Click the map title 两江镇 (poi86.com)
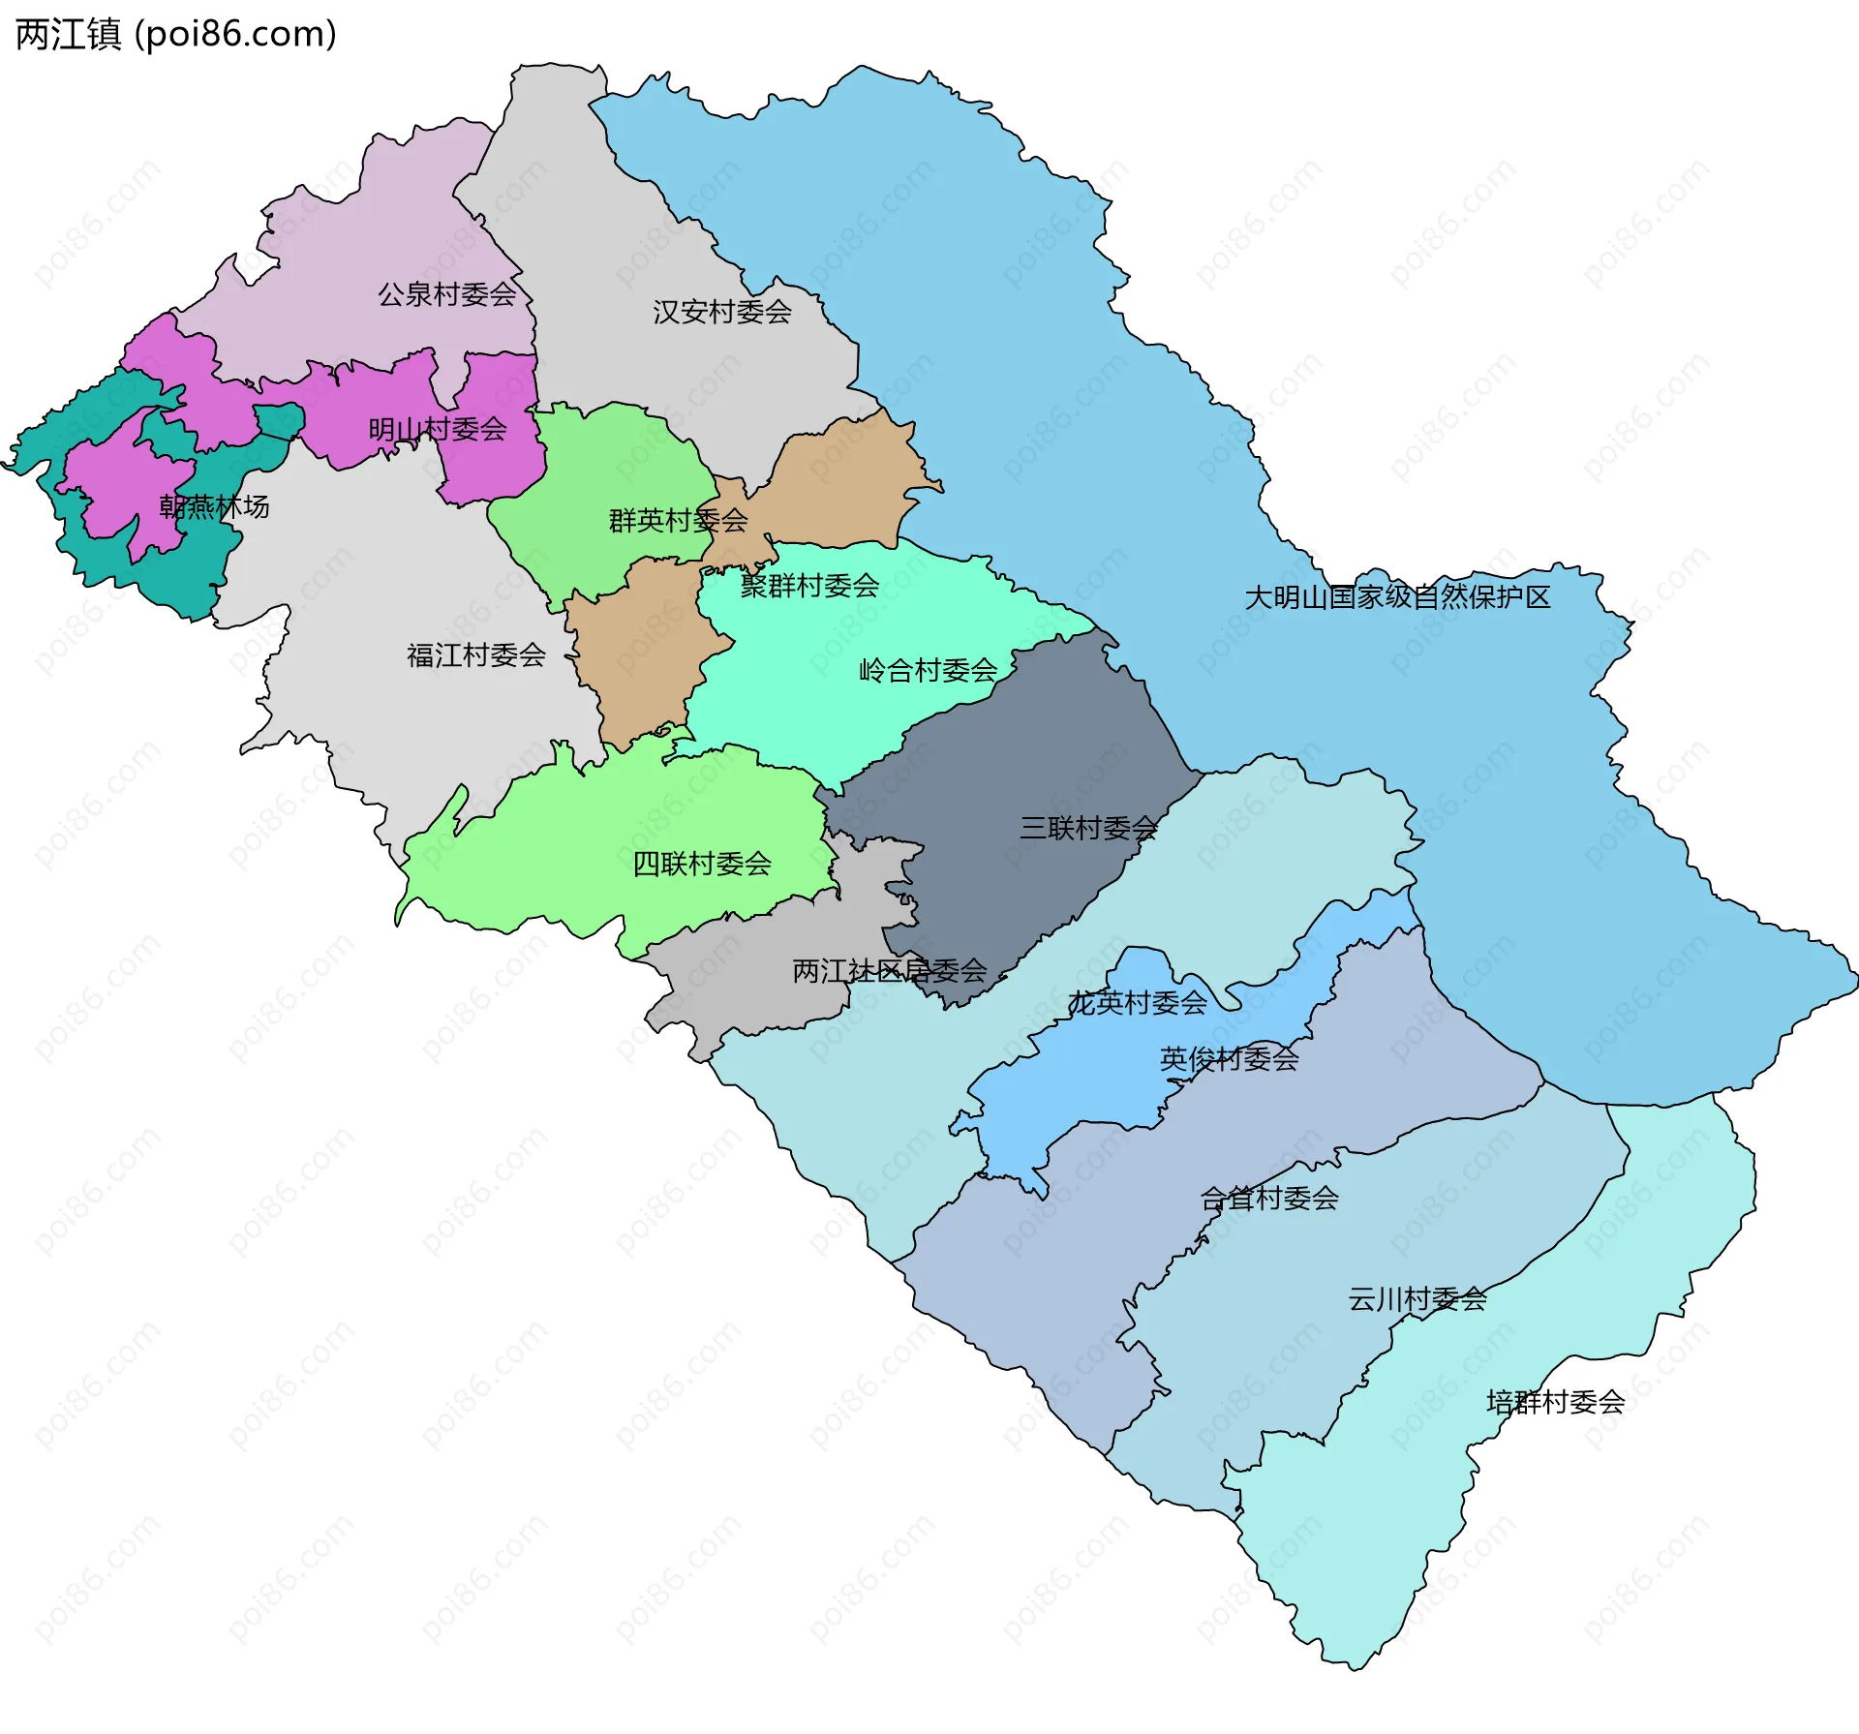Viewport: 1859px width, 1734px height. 176,34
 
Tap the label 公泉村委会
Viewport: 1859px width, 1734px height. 446,294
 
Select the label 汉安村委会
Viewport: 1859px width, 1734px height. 722,312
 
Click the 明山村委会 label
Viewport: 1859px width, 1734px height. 438,429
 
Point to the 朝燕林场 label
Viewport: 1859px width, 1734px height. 214,506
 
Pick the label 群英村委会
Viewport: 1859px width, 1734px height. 678,521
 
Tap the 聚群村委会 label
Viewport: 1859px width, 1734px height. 809,586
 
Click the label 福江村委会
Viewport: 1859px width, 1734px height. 476,655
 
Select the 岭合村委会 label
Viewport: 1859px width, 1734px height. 928,670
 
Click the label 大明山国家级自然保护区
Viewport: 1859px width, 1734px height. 1397,597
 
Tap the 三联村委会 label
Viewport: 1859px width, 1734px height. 1088,828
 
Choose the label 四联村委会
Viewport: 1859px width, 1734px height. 702,864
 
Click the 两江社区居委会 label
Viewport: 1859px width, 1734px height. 889,970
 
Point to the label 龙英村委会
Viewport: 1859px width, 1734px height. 1138,1003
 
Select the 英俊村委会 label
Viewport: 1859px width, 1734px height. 1229,1058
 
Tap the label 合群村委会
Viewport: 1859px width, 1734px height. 1269,1199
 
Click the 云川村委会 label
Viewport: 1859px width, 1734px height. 1417,1299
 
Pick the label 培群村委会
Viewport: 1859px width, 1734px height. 1555,1402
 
